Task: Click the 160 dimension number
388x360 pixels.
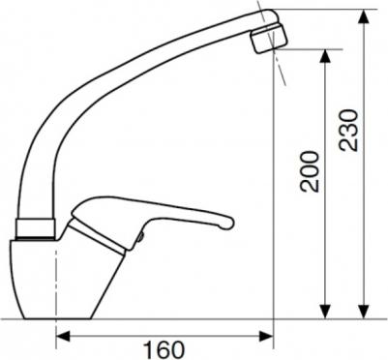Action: click(164, 349)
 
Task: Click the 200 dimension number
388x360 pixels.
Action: click(310, 171)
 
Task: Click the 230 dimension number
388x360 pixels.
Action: click(348, 131)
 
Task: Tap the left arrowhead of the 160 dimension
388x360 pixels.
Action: click(63, 337)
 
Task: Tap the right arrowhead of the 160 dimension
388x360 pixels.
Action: click(266, 337)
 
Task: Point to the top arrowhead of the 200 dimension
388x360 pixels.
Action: click(326, 57)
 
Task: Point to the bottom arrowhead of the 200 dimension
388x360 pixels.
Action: click(326, 312)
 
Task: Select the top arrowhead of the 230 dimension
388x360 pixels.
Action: click(364, 16)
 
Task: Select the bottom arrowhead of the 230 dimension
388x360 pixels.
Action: click(364, 312)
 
